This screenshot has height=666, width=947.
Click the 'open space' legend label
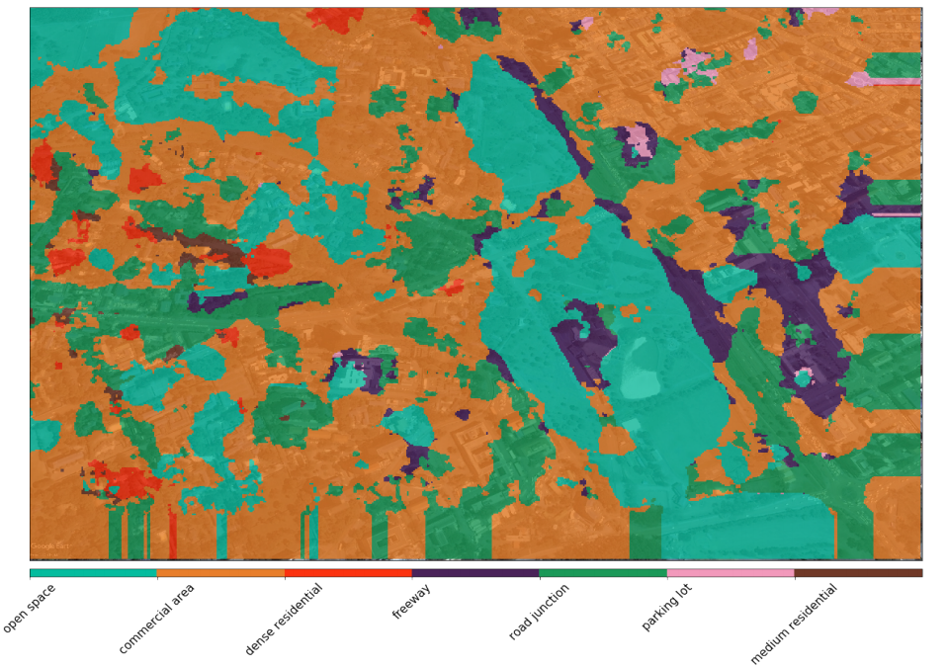click(30, 608)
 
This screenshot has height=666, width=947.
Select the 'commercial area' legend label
click(157, 619)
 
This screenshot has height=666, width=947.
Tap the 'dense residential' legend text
click(284, 619)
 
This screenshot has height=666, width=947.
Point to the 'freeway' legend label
click(411, 602)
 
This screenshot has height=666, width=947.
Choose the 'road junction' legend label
click(539, 613)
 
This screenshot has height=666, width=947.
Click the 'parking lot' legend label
click(666, 607)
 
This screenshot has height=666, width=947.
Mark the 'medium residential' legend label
click(794, 624)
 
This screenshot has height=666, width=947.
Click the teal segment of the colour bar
click(93, 573)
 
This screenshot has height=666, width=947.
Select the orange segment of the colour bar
click(220, 573)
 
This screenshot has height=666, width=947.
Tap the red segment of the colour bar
click(348, 573)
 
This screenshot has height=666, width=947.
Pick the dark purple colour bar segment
click(475, 573)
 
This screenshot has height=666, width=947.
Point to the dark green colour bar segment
click(603, 573)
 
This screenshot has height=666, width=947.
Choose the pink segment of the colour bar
click(731, 573)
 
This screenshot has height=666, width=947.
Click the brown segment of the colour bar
click(858, 573)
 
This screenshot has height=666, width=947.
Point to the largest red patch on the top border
click(335, 19)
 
